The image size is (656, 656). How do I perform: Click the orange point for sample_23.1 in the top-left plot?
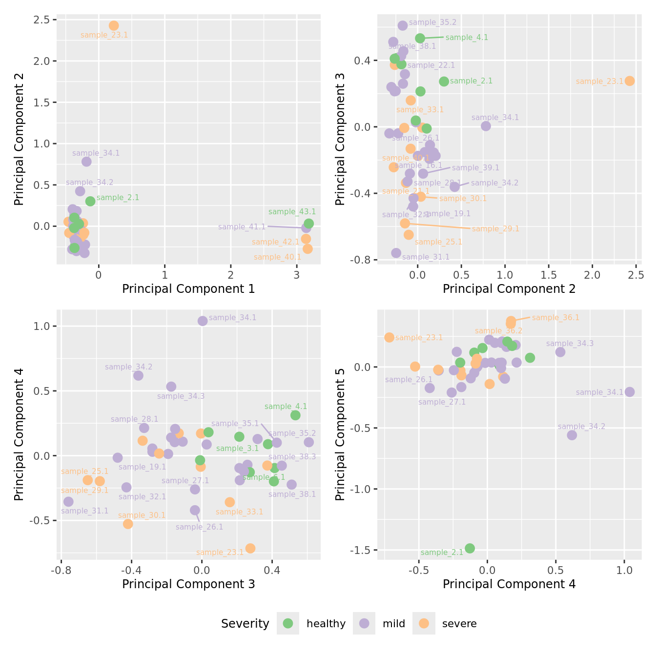(114, 26)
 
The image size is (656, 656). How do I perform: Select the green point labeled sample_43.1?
(308, 224)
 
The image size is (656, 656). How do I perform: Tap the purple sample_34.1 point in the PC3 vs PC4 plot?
(203, 321)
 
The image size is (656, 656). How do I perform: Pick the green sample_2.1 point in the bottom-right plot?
(470, 548)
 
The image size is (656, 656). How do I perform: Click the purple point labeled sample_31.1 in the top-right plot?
(396, 253)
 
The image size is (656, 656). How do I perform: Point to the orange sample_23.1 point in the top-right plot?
(630, 81)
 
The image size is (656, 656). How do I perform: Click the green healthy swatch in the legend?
(288, 623)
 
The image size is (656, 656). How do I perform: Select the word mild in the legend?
(394, 624)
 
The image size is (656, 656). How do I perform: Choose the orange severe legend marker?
(424, 623)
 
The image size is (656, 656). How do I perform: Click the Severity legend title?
(245, 624)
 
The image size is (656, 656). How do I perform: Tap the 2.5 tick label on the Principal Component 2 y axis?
(42, 20)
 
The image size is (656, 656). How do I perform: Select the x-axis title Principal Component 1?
(188, 289)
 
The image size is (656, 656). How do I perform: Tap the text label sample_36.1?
(555, 318)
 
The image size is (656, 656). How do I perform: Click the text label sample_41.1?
(242, 227)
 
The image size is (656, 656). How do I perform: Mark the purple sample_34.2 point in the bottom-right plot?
(572, 435)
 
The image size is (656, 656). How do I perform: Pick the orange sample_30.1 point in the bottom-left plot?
(128, 524)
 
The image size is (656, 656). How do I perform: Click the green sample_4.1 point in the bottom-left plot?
(295, 415)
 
